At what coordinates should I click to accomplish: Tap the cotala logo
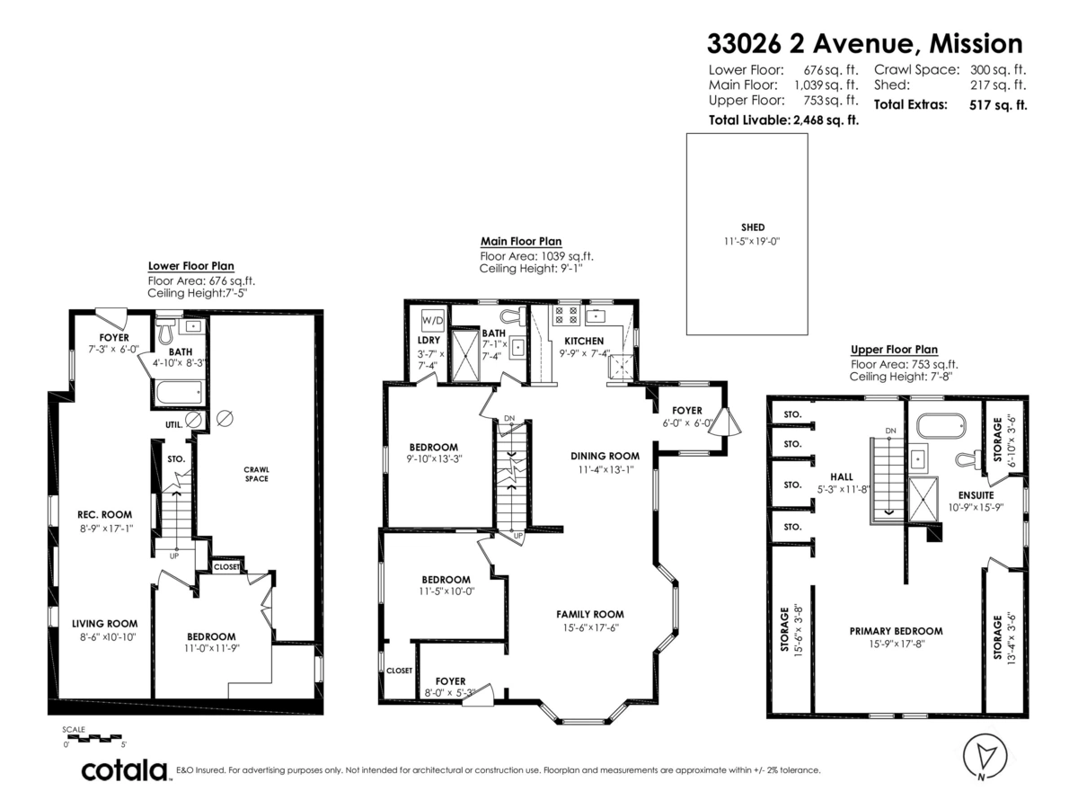pos(125,770)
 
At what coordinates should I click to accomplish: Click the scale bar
pos(93,737)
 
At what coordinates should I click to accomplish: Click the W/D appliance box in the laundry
pos(432,320)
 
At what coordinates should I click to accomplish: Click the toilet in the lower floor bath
pos(165,332)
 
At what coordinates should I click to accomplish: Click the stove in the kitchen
pos(567,316)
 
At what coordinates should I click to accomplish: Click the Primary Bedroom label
pos(896,630)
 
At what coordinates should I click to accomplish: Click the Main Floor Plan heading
pos(521,241)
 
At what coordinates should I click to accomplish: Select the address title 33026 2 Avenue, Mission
pos(864,43)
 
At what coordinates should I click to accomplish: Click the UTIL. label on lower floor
pos(174,423)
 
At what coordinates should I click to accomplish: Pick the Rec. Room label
pos(104,515)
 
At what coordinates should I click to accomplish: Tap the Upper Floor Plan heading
pos(894,350)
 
